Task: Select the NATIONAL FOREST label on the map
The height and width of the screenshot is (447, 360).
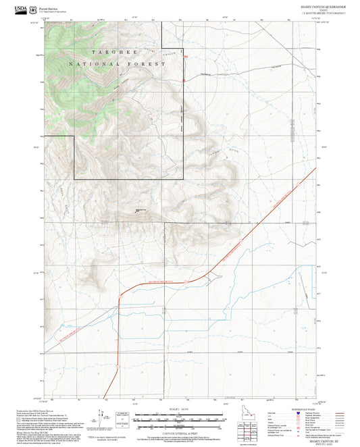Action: pyautogui.click(x=117, y=63)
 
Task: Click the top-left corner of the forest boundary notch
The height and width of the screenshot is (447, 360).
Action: pyautogui.click(x=74, y=136)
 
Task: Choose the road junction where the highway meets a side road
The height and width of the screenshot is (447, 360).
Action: pyautogui.click(x=211, y=275)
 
